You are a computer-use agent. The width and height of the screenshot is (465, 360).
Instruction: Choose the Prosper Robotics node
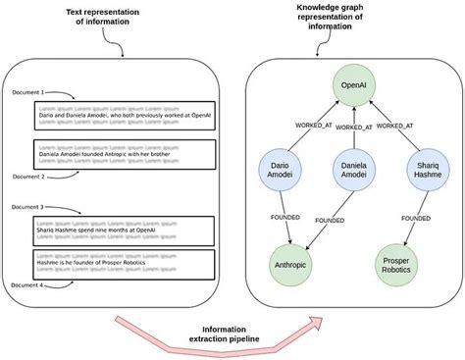(402, 261)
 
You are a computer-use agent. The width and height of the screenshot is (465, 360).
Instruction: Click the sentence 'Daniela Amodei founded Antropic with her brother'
(107, 154)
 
